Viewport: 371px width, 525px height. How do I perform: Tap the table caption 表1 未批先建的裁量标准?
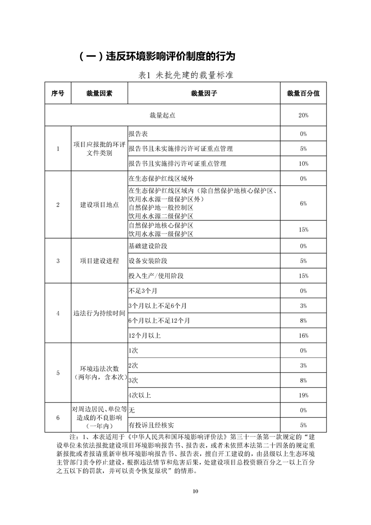(186, 75)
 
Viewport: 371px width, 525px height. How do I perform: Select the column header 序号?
(58, 94)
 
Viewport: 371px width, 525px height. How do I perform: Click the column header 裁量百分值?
(303, 94)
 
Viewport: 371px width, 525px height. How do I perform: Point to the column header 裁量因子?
(204, 94)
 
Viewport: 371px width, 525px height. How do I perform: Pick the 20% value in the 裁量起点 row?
(303, 115)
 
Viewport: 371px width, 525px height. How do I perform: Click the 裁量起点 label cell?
(162, 115)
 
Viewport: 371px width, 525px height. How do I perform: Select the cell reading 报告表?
(138, 134)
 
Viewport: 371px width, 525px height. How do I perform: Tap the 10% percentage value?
(303, 164)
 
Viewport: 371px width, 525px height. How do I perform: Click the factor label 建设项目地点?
(99, 205)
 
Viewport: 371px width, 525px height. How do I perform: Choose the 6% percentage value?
(303, 204)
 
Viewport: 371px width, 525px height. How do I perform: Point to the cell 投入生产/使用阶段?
(156, 276)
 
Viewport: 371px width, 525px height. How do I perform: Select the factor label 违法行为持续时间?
(99, 313)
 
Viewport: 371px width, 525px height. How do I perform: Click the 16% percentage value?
(303, 335)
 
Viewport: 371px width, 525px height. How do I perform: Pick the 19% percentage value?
(303, 395)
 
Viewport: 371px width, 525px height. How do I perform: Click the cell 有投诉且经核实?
(151, 425)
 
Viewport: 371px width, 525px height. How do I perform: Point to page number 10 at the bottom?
(196, 491)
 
